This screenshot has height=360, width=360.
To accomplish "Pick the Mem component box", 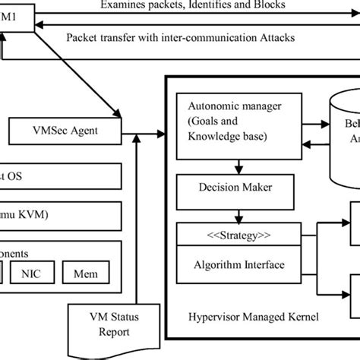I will [x=86, y=272].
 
